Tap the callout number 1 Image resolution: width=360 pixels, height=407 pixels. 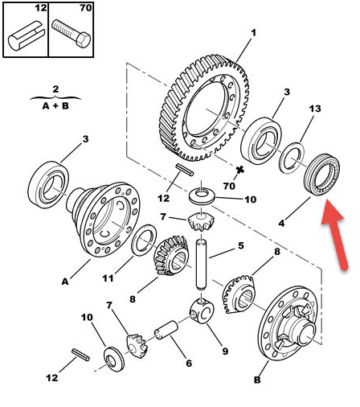coord(253,33)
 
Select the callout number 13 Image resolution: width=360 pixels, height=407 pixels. coord(315,109)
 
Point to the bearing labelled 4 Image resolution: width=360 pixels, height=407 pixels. coord(321,175)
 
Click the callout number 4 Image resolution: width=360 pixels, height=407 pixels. coord(281,223)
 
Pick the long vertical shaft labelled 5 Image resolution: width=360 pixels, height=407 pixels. coord(202,265)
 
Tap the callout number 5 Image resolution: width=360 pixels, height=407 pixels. coord(241,245)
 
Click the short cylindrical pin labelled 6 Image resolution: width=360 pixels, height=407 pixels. coord(166,331)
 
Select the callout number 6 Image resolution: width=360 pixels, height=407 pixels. coord(189,364)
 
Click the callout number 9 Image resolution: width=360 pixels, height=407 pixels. coord(225,351)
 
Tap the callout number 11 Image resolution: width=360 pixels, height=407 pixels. coord(108,278)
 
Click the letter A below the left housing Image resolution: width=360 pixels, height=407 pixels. coord(65,282)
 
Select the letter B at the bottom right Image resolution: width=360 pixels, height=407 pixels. coord(257,380)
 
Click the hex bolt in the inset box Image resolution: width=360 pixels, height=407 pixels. coord(71,34)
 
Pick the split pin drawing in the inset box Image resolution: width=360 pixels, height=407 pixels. coord(26,35)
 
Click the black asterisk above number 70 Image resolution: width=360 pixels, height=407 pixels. coord(239,170)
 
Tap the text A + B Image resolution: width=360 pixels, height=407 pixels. coord(55,106)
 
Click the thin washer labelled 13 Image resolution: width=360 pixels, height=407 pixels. coord(292,158)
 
